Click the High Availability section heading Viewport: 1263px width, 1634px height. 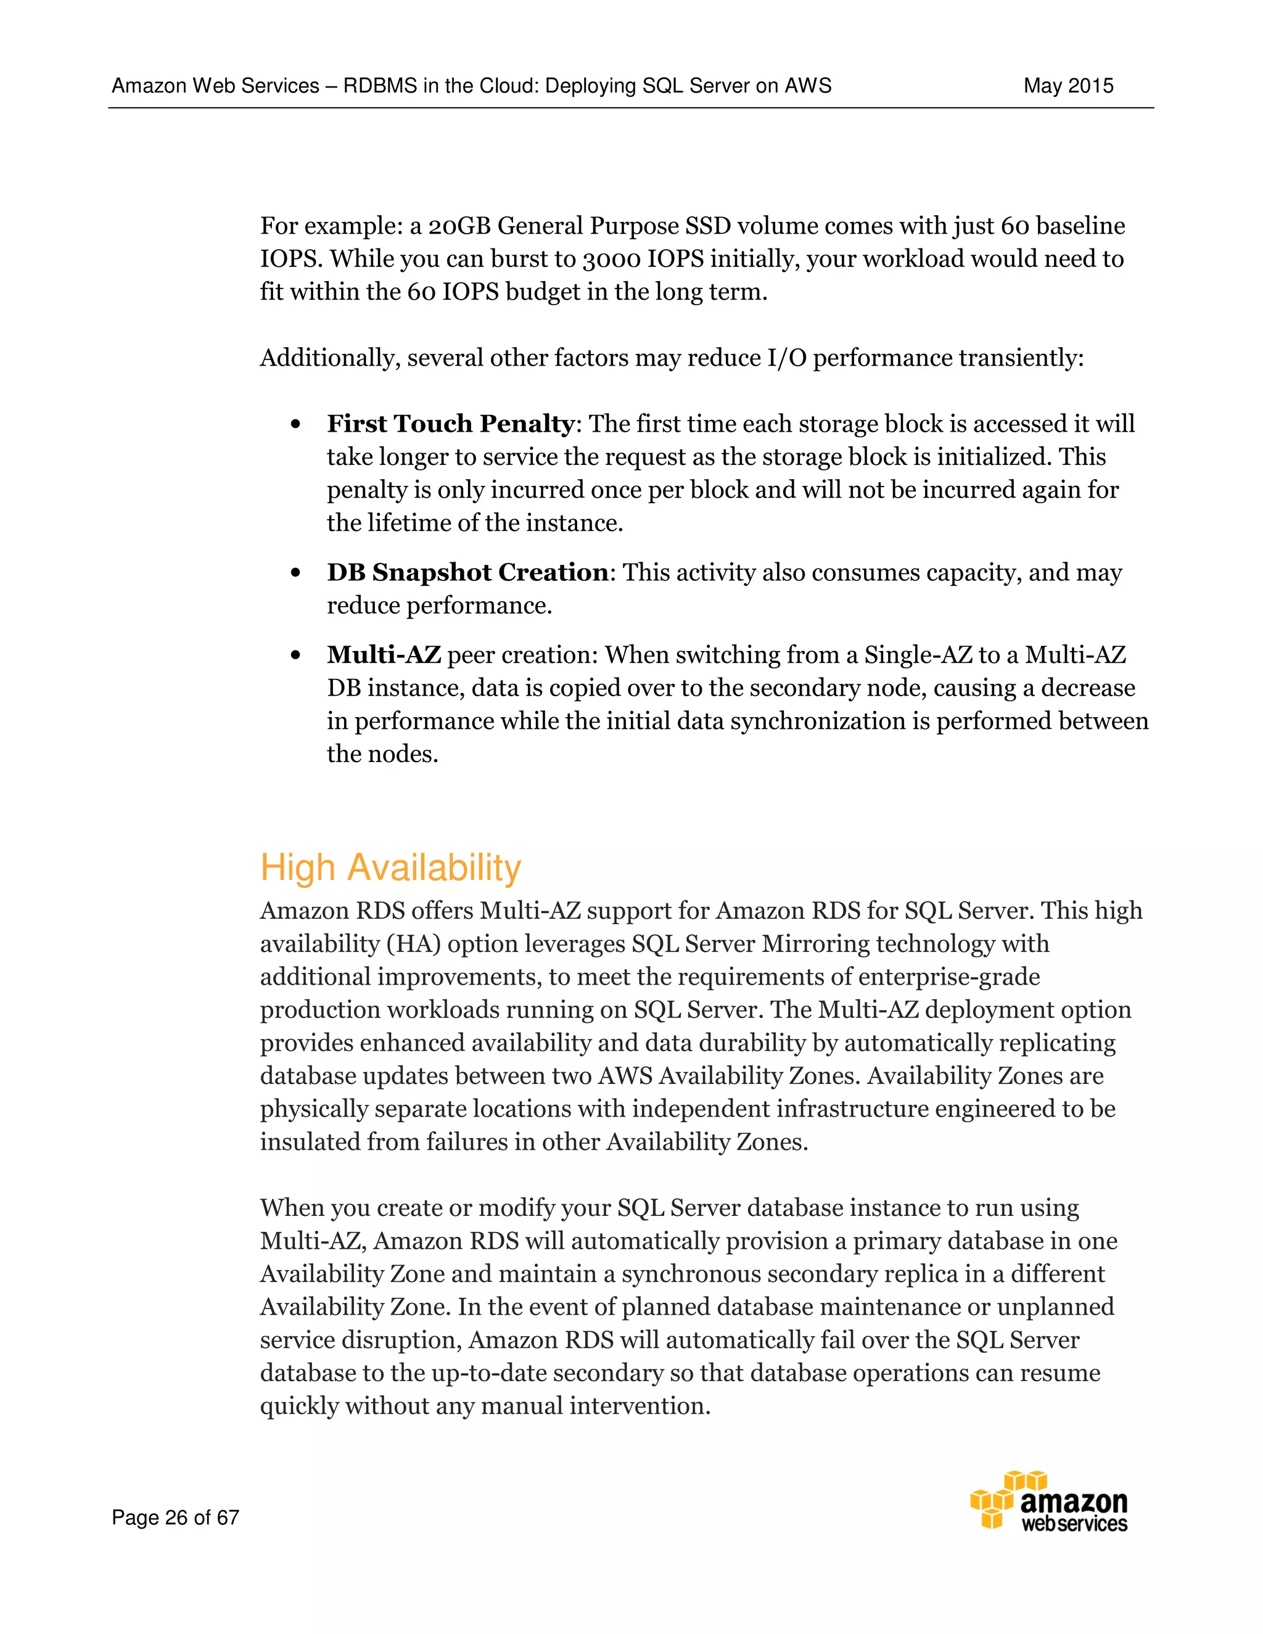click(x=390, y=868)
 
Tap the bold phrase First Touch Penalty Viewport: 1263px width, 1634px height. click(x=450, y=424)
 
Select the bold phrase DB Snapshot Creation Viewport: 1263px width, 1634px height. click(x=467, y=572)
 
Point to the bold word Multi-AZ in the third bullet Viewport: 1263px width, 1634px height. click(x=383, y=655)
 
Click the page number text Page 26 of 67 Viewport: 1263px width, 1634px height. click(x=175, y=1517)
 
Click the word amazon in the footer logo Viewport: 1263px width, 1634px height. click(x=1074, y=1501)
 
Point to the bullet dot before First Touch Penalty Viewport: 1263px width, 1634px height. click(x=295, y=425)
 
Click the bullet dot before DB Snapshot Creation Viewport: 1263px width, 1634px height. click(x=295, y=573)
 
